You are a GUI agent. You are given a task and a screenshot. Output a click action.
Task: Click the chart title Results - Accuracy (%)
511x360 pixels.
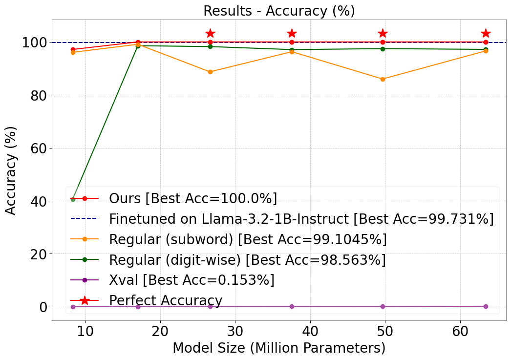point(279,11)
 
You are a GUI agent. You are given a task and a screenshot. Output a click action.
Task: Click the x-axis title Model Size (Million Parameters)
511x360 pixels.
point(279,348)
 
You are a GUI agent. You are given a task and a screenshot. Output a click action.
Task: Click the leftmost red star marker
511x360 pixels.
point(210,33)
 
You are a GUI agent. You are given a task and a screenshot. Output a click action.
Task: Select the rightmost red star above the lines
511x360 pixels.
point(486,33)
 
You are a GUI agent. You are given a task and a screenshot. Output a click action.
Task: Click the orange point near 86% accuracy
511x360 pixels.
point(383,79)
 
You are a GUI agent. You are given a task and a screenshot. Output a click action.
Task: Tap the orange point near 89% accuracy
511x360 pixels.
point(210,72)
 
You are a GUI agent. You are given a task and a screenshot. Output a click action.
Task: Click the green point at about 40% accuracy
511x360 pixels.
point(73,199)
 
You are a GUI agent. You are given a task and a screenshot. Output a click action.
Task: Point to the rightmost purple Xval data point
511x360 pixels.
point(486,306)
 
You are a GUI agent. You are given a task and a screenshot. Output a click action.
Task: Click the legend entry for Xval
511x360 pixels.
point(192,280)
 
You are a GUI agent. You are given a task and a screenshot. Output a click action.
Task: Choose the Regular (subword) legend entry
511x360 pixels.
point(248,239)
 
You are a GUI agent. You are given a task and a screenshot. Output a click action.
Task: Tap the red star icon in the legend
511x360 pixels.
point(85,300)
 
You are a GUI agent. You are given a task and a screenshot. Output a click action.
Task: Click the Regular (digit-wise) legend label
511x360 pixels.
point(247,260)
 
